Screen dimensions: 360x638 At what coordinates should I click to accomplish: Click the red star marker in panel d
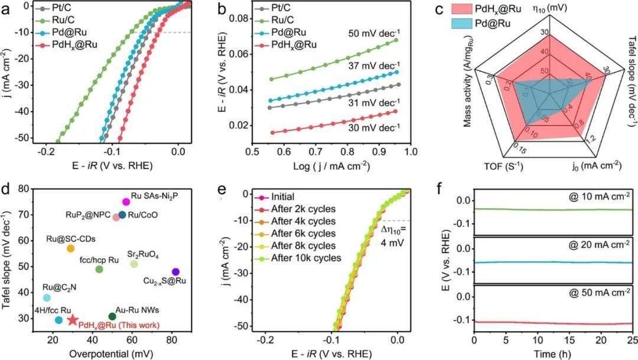tap(73, 320)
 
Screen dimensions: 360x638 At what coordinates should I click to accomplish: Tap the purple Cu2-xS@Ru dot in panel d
tap(175, 272)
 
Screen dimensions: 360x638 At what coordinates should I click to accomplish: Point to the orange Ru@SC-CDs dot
tap(71, 248)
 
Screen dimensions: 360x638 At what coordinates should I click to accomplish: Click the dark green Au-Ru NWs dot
tap(112, 317)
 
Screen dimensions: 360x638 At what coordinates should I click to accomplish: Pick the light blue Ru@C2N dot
tap(47, 297)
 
